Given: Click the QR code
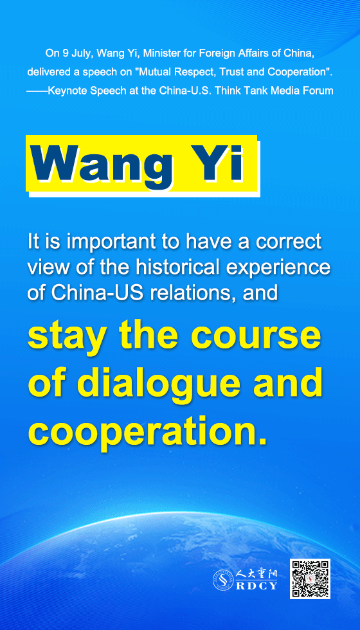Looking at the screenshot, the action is click(310, 579).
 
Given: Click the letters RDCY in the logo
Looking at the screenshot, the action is click(256, 586).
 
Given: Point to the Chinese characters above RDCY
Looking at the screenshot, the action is click(256, 575).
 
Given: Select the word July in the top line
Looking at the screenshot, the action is click(85, 53).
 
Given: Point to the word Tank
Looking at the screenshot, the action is click(252, 91).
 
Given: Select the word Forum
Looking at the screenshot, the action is click(321, 91).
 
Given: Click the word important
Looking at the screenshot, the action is click(106, 242).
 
